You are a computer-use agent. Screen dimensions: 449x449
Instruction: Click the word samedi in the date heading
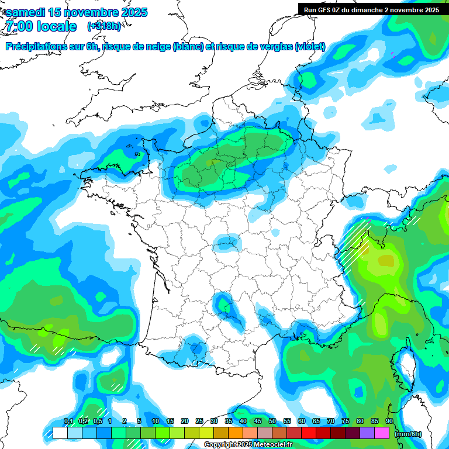[26, 12]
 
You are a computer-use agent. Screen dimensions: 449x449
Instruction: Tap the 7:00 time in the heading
[20, 26]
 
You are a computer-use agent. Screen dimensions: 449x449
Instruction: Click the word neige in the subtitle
[156, 47]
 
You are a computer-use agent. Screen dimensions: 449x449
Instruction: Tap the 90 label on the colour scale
[389, 421]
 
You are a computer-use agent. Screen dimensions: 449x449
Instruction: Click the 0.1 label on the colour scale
[68, 421]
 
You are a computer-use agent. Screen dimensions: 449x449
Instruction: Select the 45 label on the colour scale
[258, 421]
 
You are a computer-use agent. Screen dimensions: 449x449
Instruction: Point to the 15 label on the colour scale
[170, 421]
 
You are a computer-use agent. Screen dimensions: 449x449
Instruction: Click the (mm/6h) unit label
[408, 434]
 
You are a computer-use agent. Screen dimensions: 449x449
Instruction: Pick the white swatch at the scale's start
[60, 433]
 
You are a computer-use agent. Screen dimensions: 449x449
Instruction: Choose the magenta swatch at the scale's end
[382, 433]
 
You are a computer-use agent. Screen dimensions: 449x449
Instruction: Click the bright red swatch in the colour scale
[309, 433]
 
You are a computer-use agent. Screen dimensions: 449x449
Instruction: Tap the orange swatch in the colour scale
[236, 433]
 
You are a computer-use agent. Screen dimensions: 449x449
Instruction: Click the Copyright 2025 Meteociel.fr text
[248, 445]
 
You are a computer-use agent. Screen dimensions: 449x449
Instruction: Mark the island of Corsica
[406, 365]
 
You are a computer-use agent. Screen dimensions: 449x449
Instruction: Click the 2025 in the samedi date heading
[132, 12]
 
